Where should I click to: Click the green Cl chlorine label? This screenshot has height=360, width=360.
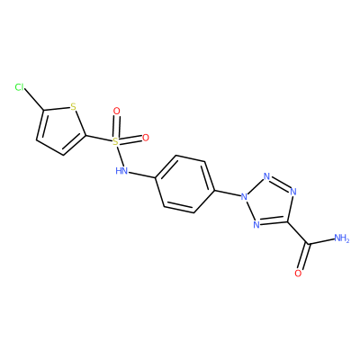(x=20, y=87)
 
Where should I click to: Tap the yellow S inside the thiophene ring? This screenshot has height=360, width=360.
(x=73, y=106)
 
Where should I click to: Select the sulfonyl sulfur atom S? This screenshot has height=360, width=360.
(x=115, y=141)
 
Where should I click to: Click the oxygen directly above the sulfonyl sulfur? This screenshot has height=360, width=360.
(x=117, y=112)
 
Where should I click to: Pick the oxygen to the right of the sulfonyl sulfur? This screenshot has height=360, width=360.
(x=146, y=138)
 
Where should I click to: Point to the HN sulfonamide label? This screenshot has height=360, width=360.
(x=121, y=171)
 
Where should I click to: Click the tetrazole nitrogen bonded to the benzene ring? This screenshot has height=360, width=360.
(x=244, y=197)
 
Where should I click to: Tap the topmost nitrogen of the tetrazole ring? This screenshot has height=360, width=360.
(x=266, y=176)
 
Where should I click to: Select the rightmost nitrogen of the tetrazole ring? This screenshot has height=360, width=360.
(x=293, y=192)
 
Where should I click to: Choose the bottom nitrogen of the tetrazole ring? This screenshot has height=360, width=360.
(x=256, y=224)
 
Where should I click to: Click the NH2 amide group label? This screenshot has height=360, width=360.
(x=341, y=238)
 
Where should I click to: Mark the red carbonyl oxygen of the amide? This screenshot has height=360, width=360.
(x=298, y=273)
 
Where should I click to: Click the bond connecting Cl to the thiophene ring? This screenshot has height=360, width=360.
(x=34, y=100)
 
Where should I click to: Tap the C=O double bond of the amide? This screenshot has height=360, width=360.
(x=304, y=256)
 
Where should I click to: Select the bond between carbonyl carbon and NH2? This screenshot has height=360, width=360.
(x=320, y=241)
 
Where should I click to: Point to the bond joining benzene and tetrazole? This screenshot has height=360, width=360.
(x=228, y=193)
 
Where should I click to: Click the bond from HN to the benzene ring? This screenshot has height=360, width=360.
(x=142, y=175)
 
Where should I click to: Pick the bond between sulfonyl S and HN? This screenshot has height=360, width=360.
(x=119, y=156)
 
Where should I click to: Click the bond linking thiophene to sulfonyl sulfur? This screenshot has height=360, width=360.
(x=99, y=139)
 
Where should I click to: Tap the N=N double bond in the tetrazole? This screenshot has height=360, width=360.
(x=281, y=183)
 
